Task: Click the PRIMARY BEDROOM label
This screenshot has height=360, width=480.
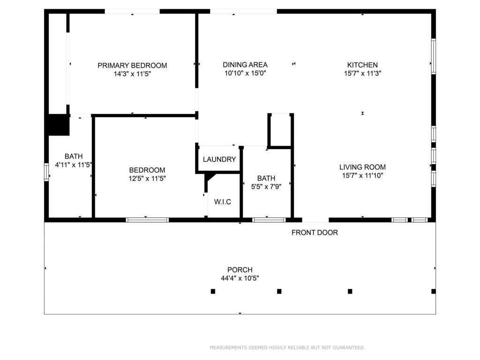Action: pyautogui.click(x=132, y=65)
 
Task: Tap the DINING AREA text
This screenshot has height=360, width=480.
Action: pyautogui.click(x=245, y=65)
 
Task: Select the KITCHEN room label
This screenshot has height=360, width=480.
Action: pyautogui.click(x=362, y=65)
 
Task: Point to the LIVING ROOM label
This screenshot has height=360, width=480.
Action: pyautogui.click(x=362, y=167)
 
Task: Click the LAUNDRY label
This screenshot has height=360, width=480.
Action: pyautogui.click(x=219, y=159)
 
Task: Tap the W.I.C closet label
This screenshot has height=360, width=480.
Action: pyautogui.click(x=223, y=202)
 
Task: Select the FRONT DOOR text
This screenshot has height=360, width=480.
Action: pyautogui.click(x=315, y=232)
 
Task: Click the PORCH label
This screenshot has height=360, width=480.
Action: pyautogui.click(x=240, y=270)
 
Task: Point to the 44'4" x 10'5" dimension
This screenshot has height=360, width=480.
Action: pyautogui.click(x=240, y=278)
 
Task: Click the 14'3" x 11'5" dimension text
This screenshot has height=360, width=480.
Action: pyautogui.click(x=133, y=74)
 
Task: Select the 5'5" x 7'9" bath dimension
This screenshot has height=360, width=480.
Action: pyautogui.click(x=266, y=187)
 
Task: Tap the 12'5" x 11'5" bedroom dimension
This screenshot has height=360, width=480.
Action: pyautogui.click(x=147, y=179)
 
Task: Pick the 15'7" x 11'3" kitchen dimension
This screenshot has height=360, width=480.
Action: pyautogui.click(x=362, y=74)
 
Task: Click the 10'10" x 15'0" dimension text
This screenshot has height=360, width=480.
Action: pyautogui.click(x=245, y=74)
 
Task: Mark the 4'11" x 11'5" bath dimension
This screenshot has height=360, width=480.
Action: pyautogui.click(x=74, y=165)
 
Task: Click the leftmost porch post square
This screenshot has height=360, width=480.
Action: pyautogui.click(x=213, y=291)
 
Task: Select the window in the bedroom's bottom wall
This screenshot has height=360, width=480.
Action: pyautogui.click(x=147, y=220)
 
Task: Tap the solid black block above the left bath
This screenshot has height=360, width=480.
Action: pyautogui.click(x=59, y=125)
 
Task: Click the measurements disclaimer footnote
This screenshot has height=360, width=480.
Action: pyautogui.click(x=287, y=347)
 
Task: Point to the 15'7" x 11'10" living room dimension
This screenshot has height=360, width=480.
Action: pyautogui.click(x=363, y=176)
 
